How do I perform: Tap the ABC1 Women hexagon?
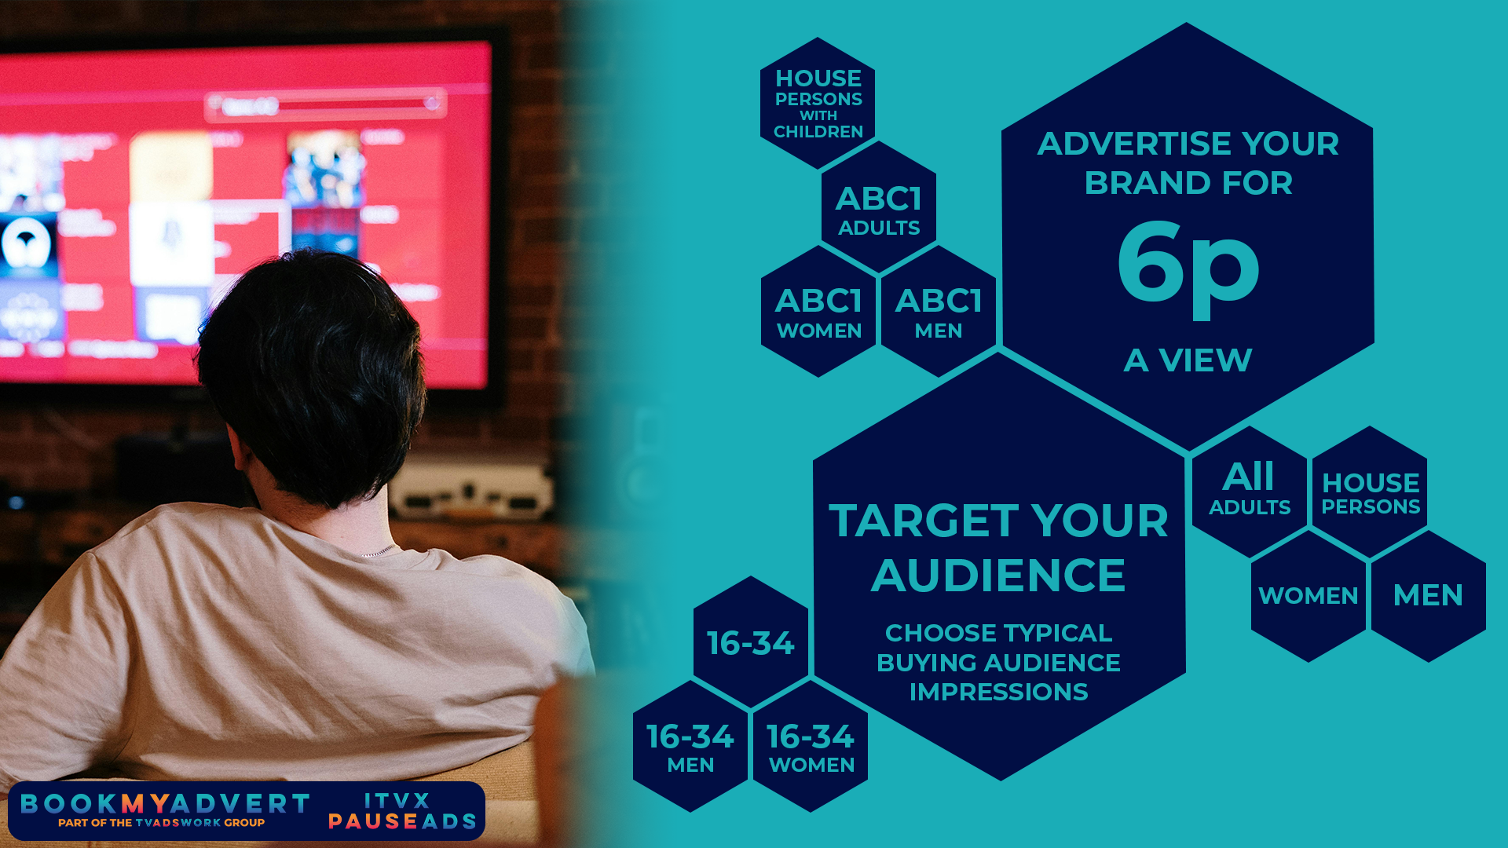coord(818,311)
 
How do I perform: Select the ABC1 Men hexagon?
coord(939,311)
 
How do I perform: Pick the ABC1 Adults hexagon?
coord(879,207)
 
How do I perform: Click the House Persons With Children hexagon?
coord(818,103)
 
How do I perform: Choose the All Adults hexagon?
coord(1250,492)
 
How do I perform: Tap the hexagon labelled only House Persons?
coord(1370,492)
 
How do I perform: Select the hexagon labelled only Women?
coord(1309,596)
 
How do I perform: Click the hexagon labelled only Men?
coord(1429,596)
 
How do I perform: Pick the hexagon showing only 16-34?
coord(751,642)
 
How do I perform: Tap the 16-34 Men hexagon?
coord(690,746)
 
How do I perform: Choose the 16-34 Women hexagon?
coord(811,746)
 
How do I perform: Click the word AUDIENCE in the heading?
coord(998,575)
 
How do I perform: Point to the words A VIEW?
coord(1188,360)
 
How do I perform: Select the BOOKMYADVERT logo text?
coord(165,803)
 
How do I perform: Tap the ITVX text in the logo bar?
coord(397,801)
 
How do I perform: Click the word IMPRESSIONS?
coord(998,692)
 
